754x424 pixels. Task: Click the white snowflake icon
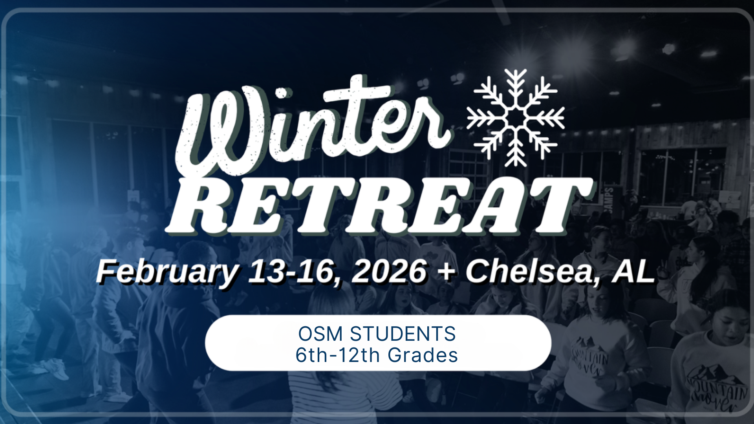click(516, 118)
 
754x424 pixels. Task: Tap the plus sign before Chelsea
click(446, 272)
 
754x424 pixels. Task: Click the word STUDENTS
click(403, 334)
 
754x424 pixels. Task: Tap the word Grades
click(423, 355)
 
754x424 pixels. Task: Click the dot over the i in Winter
click(282, 93)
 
